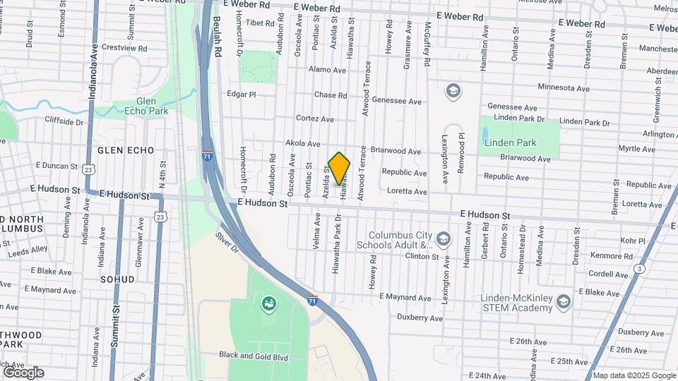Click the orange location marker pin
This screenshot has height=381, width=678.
point(340,168)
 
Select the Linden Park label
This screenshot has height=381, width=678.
point(511,143)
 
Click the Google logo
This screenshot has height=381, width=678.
point(23,372)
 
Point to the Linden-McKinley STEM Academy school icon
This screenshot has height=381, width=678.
point(563,302)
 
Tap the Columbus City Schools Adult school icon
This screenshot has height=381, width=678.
point(443,238)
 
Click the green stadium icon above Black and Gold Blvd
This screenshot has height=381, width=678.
point(268,304)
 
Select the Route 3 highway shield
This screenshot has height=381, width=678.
point(639,268)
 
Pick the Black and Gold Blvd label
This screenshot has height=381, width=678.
point(254,357)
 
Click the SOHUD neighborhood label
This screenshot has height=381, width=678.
point(117,279)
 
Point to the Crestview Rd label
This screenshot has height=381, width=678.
point(124,48)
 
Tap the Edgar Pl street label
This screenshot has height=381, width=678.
point(241,94)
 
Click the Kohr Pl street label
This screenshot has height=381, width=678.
point(632,241)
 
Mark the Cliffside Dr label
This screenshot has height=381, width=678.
point(64,121)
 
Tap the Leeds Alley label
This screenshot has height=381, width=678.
point(29,249)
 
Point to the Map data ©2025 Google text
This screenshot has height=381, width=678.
point(633,375)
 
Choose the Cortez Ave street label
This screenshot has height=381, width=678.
point(314,119)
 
